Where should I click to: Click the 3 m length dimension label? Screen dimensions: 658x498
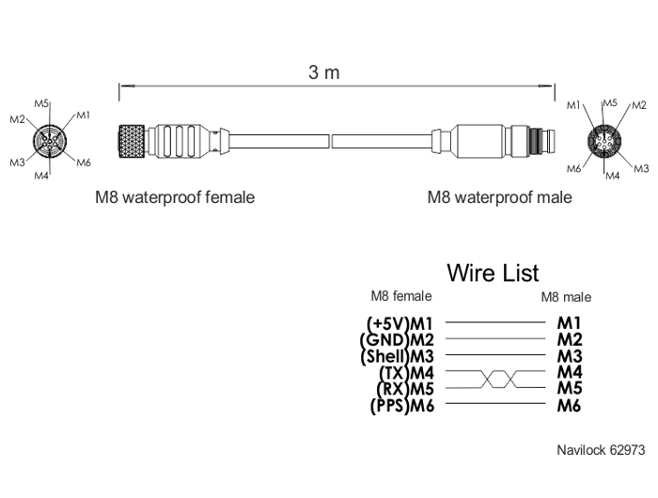pyautogui.click(x=324, y=72)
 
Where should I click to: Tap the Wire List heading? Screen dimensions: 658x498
pyautogui.click(x=493, y=272)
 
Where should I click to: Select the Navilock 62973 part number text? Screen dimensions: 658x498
pyautogui.click(x=601, y=450)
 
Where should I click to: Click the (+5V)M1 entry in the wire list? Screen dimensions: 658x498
pyautogui.click(x=399, y=323)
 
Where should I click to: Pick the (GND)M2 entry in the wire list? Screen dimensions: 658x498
pyautogui.click(x=397, y=339)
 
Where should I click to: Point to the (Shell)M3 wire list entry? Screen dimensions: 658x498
pyautogui.click(x=397, y=356)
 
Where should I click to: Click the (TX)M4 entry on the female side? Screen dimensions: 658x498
pyautogui.click(x=406, y=372)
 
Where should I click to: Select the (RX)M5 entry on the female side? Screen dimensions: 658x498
pyautogui.click(x=405, y=389)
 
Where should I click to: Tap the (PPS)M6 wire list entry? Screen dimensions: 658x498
pyautogui.click(x=402, y=406)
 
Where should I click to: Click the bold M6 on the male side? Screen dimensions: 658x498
pyautogui.click(x=569, y=406)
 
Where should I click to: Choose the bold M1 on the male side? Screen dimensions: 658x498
pyautogui.click(x=569, y=323)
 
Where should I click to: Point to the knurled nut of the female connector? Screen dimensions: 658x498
pyautogui.click(x=132, y=141)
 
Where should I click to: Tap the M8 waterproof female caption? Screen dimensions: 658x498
pyautogui.click(x=175, y=197)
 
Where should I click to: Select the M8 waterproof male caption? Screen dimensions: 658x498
pyautogui.click(x=499, y=197)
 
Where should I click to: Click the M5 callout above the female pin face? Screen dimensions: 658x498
pyautogui.click(x=41, y=103)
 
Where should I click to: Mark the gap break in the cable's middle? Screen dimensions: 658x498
pyautogui.click(x=330, y=141)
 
